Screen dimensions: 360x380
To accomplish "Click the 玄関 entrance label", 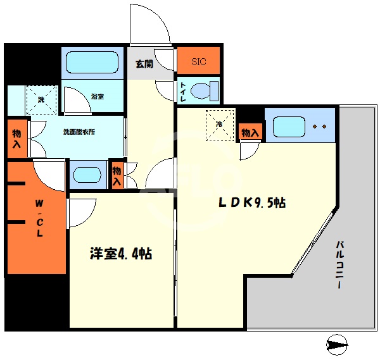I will [144, 64].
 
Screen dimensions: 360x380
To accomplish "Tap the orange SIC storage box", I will [199, 62].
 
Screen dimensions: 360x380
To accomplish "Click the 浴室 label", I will [97, 97].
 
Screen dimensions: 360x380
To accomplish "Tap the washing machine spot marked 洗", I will [41, 99].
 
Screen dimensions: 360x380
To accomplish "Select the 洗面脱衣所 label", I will [79, 133].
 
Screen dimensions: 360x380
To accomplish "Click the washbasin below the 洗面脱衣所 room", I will [87, 175].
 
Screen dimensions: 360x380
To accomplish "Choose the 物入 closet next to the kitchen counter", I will [250, 133].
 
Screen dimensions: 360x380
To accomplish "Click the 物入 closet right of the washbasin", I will [117, 175].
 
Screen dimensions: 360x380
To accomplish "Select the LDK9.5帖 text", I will [251, 203].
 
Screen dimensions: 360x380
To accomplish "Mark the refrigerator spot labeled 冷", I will [219, 125].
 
